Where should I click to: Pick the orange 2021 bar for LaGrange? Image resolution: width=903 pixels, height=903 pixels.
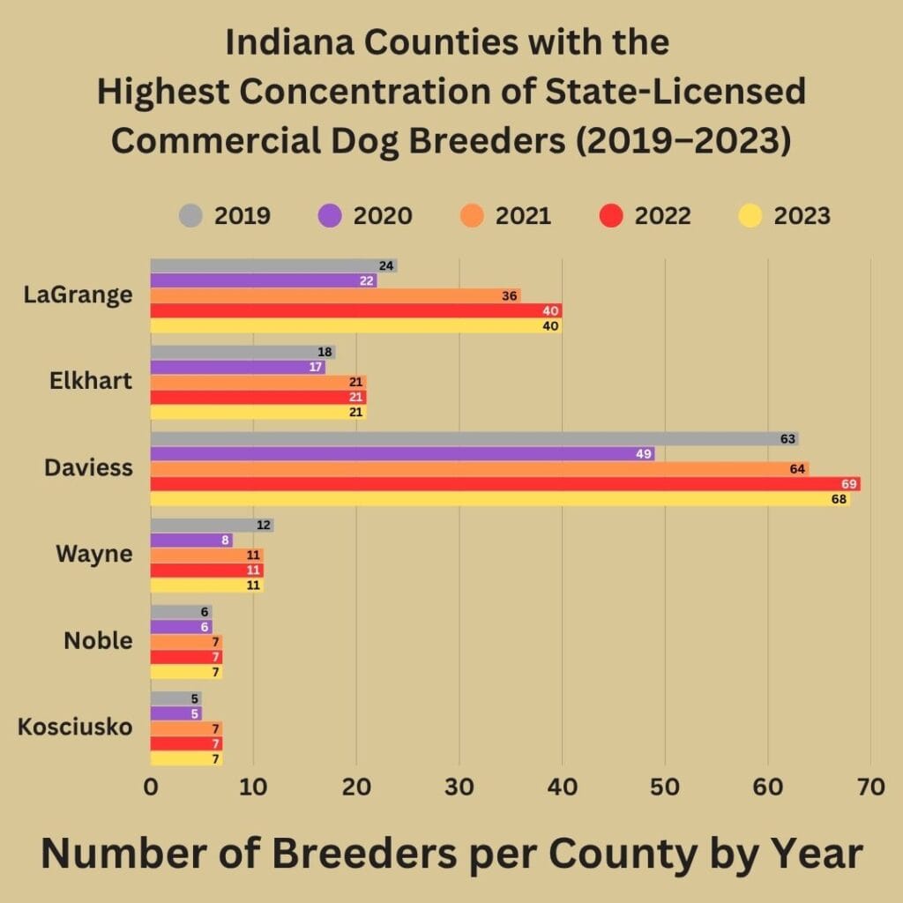coord(335,295)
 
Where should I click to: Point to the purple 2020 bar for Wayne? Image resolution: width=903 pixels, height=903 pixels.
coord(190,540)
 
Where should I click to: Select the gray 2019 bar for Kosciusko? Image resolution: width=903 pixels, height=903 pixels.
coord(175,698)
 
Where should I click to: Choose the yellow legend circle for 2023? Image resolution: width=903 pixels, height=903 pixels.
coord(750,216)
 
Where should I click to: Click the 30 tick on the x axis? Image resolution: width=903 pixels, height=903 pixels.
coord(459,787)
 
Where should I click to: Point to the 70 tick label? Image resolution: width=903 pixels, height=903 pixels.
coord(870,787)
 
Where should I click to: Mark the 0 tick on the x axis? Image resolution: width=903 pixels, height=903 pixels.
coord(151,787)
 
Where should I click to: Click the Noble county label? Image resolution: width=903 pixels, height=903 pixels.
coord(98,641)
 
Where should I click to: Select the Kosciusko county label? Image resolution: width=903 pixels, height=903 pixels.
coord(75,728)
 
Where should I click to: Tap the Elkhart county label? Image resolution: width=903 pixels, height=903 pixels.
coord(92,381)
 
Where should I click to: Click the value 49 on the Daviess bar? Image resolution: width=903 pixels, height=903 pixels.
coord(644,454)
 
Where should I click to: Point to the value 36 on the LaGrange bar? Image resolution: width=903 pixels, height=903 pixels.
coord(509,295)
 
